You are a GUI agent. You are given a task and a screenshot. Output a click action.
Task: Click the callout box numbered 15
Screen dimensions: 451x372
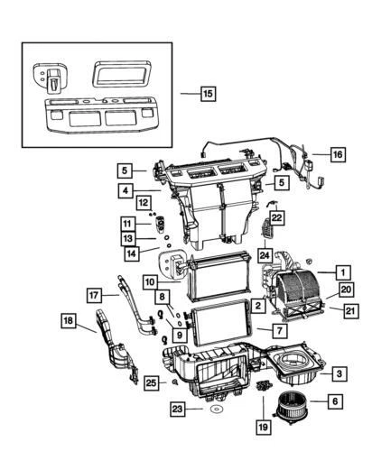tap(208, 93)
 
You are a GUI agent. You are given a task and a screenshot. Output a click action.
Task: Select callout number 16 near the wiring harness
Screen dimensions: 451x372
tap(336, 155)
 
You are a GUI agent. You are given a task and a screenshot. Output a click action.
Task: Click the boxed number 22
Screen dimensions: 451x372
tap(277, 217)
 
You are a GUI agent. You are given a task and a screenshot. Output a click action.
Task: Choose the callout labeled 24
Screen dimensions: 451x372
tap(265, 255)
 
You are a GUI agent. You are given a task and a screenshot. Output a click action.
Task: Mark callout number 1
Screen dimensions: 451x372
tap(342, 271)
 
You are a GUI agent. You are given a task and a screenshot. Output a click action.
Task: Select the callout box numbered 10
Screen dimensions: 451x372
tap(148, 282)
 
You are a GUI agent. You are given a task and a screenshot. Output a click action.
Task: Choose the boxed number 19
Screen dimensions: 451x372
tap(264, 426)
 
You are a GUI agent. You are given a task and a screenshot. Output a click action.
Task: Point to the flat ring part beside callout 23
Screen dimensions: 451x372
tap(215, 410)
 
